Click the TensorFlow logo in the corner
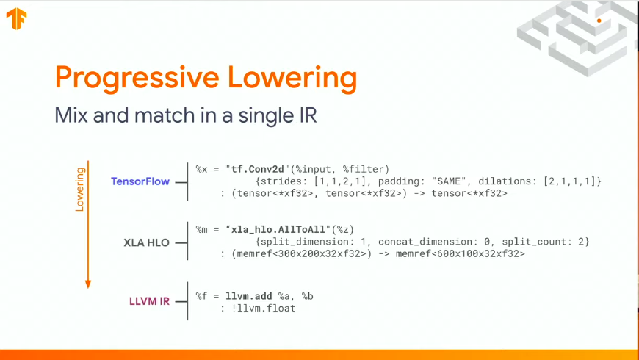click(16, 19)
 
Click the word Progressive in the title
click(137, 78)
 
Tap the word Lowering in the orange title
click(292, 78)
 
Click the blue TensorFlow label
click(140, 181)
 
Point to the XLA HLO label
click(146, 242)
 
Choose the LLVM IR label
click(149, 301)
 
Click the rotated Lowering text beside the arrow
click(80, 189)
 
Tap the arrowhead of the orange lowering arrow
click(88, 284)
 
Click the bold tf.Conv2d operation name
click(258, 169)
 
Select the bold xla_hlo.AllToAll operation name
click(278, 229)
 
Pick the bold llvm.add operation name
click(248, 296)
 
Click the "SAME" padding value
click(449, 181)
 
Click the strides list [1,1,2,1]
click(340, 181)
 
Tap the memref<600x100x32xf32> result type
click(461, 253)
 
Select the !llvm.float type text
click(263, 309)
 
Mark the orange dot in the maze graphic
click(599, 21)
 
